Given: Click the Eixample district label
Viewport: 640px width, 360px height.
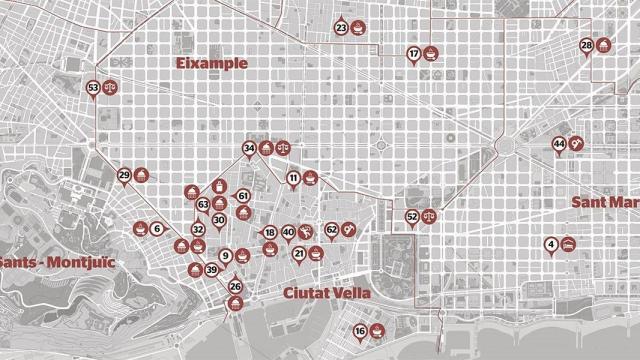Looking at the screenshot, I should coord(210,63).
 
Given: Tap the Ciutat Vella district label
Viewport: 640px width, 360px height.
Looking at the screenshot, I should coord(327,293).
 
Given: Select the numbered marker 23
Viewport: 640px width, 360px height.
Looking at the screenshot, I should coord(342,29).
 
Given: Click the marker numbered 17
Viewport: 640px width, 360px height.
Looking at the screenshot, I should coord(414,53).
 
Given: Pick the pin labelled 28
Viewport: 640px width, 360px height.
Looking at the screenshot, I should coord(586,46).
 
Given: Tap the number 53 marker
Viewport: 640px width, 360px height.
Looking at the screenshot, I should coord(94,88).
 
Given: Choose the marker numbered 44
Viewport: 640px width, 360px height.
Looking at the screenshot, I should coord(559,144).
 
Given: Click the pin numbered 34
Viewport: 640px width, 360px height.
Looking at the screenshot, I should coord(249,149).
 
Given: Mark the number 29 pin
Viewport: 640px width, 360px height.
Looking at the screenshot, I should coord(125,176).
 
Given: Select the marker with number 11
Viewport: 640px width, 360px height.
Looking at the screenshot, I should coord(294,179).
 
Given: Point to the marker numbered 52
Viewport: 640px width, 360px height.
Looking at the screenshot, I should coord(413,216).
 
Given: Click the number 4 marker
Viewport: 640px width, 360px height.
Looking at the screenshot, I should coord(551,244).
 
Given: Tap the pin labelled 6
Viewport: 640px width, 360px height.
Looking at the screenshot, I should coord(157,229).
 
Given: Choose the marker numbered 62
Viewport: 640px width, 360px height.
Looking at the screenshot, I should coord(332,230).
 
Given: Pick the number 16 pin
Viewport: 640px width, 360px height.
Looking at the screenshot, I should coord(360,331).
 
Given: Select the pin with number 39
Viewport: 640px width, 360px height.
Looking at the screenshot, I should coord(211,270).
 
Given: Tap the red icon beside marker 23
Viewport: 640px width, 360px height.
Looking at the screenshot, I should coord(359,28).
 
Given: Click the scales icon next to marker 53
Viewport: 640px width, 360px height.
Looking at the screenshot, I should coord(111,88).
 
